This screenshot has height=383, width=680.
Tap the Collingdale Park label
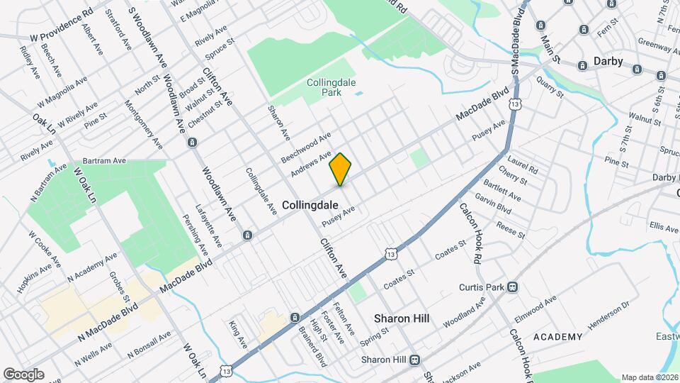tap(329, 87)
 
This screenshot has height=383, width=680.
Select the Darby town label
tap(608, 61)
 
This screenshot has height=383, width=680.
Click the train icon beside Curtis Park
tap(511, 287)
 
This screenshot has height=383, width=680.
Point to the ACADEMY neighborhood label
tap(558, 336)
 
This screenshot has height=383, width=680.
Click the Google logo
tap(23, 374)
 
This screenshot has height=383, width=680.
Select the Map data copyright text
tap(649, 377)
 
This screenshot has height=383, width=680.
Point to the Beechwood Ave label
tap(306, 146)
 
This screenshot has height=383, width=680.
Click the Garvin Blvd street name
tap(493, 204)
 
